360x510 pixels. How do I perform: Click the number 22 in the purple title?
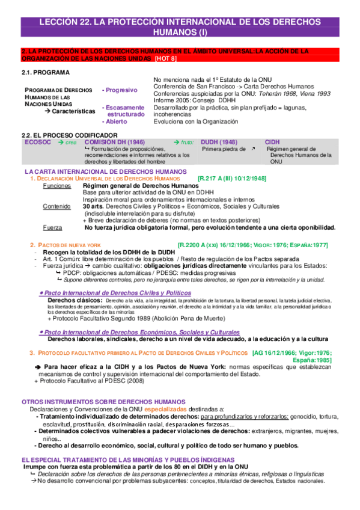pos(88,22)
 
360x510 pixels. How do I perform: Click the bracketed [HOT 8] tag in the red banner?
pos(165,58)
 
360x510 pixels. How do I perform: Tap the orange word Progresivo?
pos(123,90)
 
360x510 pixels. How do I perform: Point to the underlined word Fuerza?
pos(52,227)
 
